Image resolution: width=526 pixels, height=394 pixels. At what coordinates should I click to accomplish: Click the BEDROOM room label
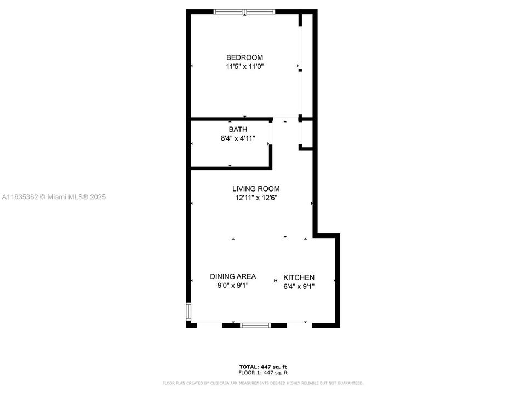(245, 57)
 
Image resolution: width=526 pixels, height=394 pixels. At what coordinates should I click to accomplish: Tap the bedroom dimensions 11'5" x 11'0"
(245, 67)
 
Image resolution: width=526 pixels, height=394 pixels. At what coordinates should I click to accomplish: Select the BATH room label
(238, 130)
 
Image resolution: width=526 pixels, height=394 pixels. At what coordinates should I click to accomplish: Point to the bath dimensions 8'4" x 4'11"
(238, 138)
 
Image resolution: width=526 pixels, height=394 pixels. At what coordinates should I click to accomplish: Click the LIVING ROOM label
(256, 189)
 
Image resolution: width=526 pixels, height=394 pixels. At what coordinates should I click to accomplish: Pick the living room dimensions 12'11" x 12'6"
(256, 198)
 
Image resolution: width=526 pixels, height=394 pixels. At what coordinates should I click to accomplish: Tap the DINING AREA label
(233, 276)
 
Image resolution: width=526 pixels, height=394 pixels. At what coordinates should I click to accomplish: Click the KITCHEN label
(299, 277)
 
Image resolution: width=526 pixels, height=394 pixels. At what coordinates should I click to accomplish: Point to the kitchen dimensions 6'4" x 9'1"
(299, 286)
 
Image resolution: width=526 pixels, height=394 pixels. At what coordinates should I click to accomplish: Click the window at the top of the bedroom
(244, 11)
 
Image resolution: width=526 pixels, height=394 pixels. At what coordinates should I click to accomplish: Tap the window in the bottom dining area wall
(255, 326)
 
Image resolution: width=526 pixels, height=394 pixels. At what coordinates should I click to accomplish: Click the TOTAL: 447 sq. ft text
(263, 366)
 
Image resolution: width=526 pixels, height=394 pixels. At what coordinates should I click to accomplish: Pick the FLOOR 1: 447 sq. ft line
(263, 372)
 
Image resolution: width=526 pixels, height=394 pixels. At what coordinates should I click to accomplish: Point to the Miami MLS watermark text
(53, 197)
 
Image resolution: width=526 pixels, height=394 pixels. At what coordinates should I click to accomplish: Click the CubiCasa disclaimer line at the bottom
(263, 383)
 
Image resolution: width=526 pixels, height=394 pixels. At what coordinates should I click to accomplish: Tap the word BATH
(238, 130)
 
